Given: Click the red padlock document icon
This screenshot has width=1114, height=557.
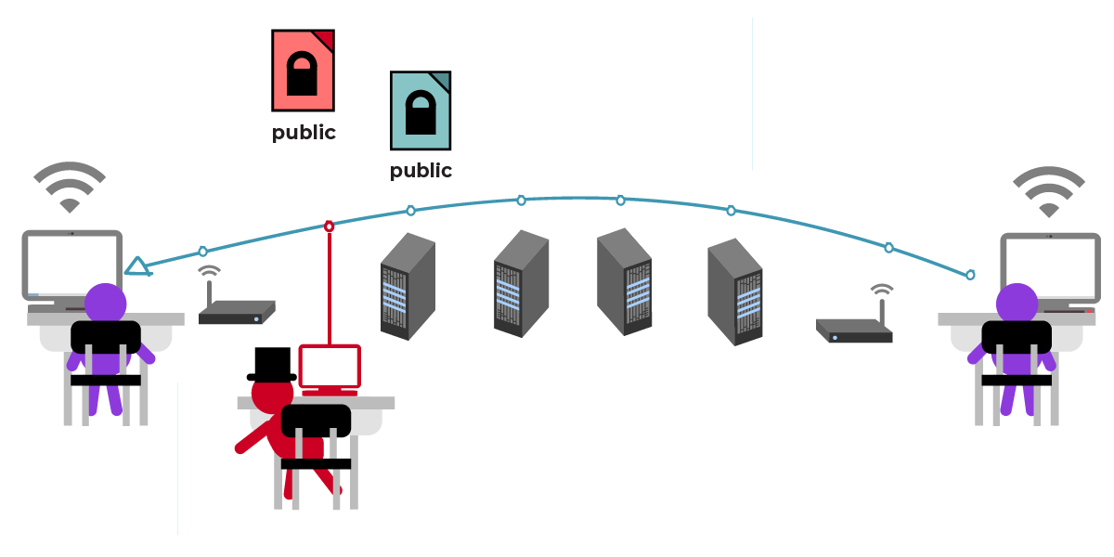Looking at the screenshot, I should (x=303, y=71).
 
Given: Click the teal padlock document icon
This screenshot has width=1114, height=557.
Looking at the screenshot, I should (x=421, y=110).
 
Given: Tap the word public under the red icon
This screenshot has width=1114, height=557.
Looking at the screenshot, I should (x=304, y=133).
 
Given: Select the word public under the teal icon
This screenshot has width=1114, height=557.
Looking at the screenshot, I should (x=421, y=171).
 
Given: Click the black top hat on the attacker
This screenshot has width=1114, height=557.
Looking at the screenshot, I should (x=271, y=364).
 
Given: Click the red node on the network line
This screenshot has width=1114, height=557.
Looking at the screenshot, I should (x=329, y=226).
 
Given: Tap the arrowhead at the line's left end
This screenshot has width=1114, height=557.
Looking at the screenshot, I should (x=137, y=267).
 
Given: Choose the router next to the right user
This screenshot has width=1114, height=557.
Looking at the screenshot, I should (x=854, y=330).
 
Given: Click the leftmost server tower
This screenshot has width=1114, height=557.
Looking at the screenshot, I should (x=408, y=285).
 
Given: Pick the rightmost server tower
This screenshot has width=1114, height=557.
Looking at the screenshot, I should (x=734, y=291).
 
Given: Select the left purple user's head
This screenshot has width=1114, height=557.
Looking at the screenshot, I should (x=106, y=303).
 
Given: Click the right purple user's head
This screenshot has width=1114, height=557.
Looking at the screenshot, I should (x=1017, y=304).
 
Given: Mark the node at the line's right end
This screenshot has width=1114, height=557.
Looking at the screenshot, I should (x=970, y=275).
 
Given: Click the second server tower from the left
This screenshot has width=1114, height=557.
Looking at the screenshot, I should (x=521, y=283).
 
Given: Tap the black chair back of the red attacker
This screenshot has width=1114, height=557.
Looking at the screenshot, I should (x=316, y=421).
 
